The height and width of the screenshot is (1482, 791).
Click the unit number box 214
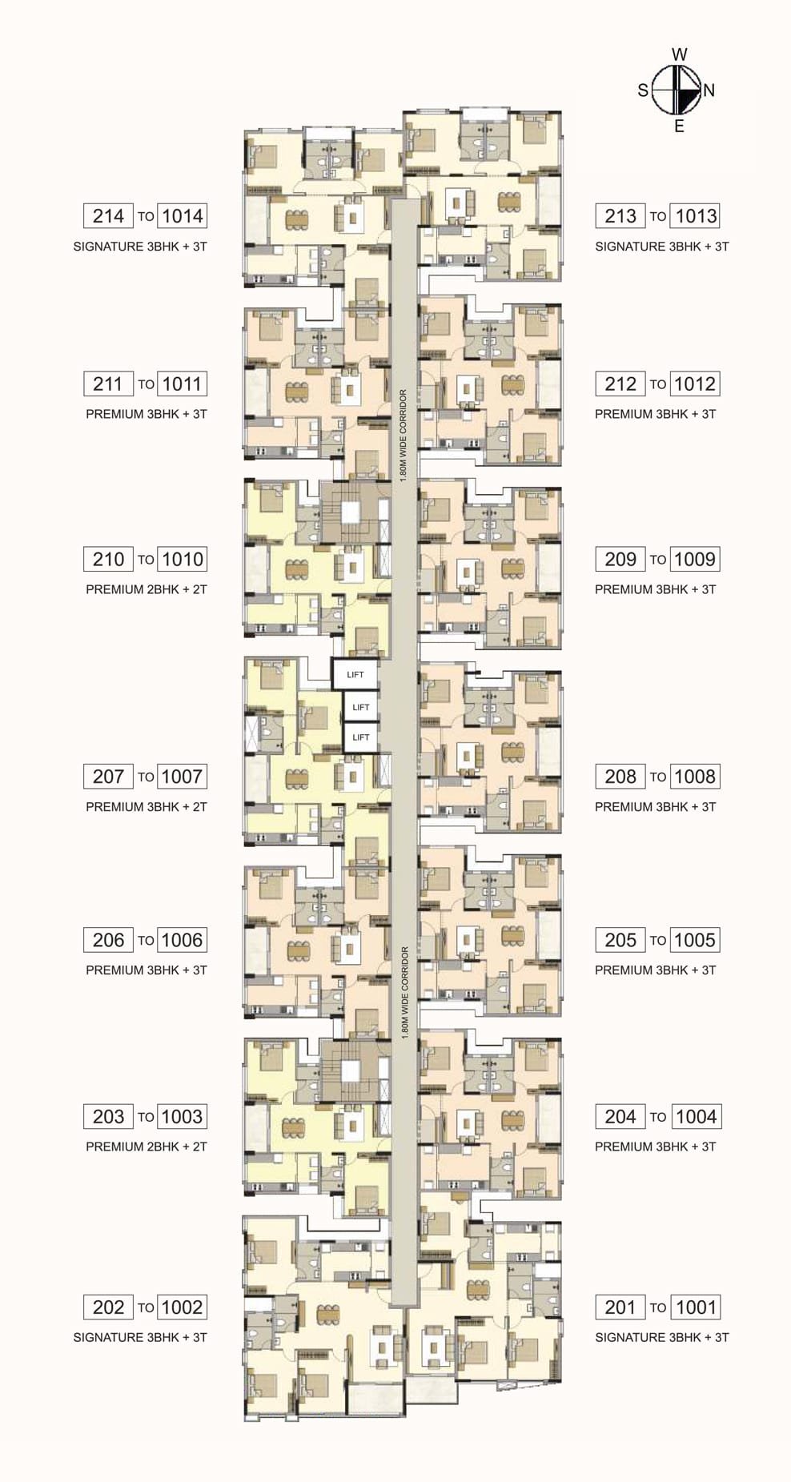click(108, 215)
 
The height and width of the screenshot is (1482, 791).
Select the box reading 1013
click(695, 215)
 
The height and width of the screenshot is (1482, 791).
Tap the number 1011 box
click(182, 384)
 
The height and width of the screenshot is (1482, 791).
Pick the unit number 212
click(620, 384)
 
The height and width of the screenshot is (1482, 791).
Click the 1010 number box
click(182, 559)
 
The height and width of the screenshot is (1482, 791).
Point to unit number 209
click(620, 559)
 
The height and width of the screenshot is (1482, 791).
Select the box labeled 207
click(108, 776)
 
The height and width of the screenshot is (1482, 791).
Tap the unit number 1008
click(695, 776)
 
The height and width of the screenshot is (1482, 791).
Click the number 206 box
click(108, 940)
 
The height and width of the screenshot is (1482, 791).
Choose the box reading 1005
click(695, 940)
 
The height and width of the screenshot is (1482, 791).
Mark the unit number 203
click(108, 1116)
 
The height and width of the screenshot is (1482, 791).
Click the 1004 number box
click(695, 1116)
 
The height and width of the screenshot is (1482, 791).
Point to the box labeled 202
click(108, 1307)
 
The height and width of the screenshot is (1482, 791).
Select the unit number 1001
click(695, 1307)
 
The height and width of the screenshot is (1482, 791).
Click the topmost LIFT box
click(355, 674)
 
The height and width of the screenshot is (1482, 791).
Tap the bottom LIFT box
click(361, 737)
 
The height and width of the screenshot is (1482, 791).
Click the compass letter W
click(679, 54)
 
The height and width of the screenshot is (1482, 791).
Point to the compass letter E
click(679, 126)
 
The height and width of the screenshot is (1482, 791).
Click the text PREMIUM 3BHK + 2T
click(147, 807)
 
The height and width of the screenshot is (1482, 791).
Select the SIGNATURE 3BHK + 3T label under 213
click(662, 247)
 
